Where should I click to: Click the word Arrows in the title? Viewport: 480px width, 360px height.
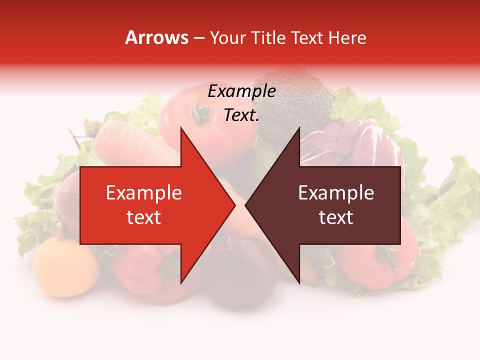point(157,37)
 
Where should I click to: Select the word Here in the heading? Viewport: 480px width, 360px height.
point(347,37)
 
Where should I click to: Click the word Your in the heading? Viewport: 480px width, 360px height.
point(227,37)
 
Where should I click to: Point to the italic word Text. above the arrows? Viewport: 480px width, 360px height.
point(241,115)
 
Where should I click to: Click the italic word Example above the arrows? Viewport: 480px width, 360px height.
point(241,91)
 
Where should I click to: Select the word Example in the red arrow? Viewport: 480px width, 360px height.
point(143,192)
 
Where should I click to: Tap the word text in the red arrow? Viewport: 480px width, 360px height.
point(143,217)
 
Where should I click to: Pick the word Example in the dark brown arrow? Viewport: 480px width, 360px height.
point(336,192)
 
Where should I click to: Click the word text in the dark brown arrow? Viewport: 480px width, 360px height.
point(336,217)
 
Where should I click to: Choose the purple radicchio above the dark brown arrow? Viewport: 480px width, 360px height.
point(350,145)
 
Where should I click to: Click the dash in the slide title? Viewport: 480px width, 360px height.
point(199,38)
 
